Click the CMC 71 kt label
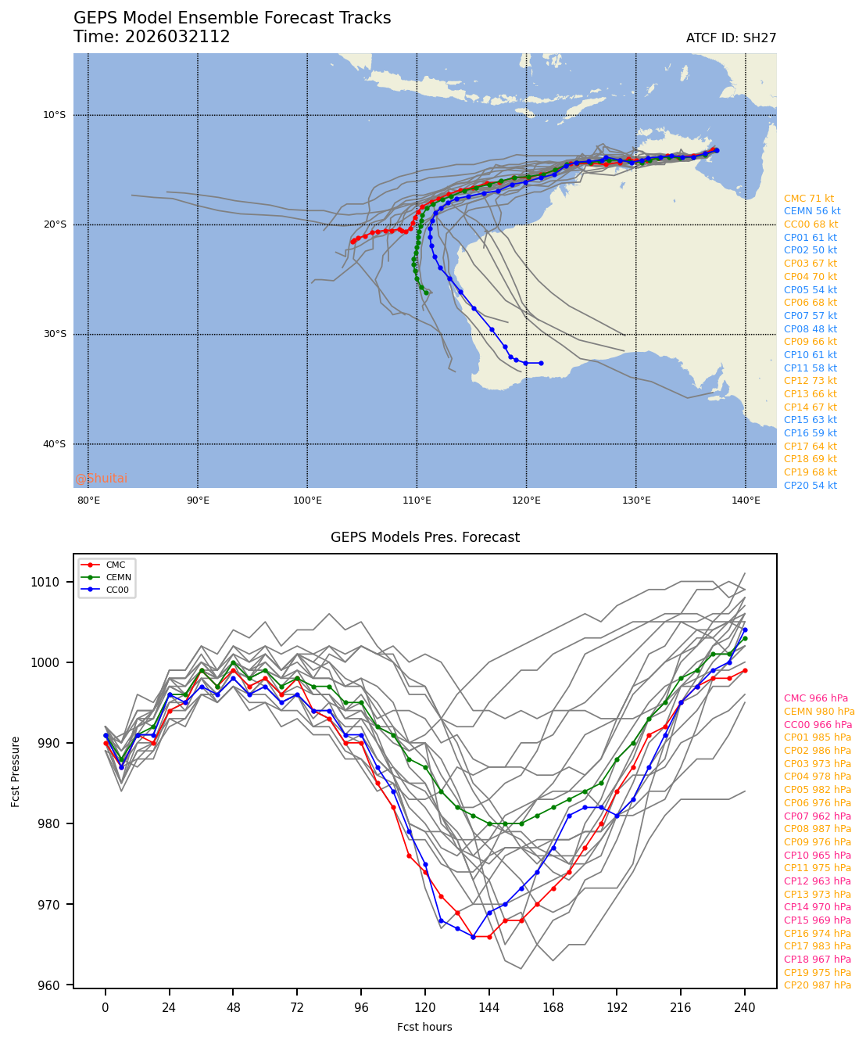coord(808,199)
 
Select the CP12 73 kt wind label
coord(810,381)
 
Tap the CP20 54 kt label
coord(810,486)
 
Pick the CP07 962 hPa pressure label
coord(817,816)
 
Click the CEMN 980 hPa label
coord(819,712)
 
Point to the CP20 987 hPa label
coord(817,985)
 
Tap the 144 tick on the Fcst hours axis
coord(489,1008)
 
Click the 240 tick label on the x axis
coord(745,1008)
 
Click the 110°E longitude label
coord(417,500)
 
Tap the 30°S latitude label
coord(54,335)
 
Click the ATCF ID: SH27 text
coord(731,38)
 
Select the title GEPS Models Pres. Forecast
coord(424,537)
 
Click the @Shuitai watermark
coord(101,479)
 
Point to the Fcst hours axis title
coord(424,1027)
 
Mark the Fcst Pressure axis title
coord(16,770)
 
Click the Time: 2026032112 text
coord(152,38)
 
